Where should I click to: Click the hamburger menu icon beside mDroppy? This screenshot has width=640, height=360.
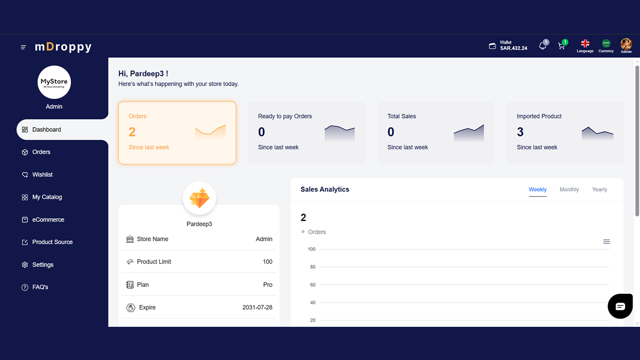(24, 47)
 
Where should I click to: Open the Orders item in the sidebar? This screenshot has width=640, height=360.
(41, 152)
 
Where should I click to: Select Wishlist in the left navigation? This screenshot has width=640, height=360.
(42, 174)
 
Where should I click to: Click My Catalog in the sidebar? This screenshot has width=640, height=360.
(47, 197)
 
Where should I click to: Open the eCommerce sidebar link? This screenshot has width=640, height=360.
(48, 220)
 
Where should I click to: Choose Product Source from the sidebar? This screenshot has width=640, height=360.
(52, 242)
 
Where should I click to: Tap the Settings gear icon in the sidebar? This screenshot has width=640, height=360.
(25, 265)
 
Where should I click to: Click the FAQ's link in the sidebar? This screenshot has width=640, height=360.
(40, 287)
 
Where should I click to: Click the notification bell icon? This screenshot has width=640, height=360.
(542, 46)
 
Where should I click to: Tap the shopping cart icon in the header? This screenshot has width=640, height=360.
(562, 46)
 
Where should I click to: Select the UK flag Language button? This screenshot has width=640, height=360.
(585, 44)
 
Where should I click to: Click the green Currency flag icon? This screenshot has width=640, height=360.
(606, 44)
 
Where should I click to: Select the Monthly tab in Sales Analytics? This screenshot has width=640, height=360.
(569, 190)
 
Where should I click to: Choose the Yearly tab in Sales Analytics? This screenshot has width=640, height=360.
(600, 190)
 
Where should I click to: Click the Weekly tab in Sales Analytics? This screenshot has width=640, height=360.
(538, 190)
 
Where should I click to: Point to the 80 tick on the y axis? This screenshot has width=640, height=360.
(312, 267)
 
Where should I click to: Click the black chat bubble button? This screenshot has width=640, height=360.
(620, 306)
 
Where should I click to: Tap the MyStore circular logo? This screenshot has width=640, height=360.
(54, 82)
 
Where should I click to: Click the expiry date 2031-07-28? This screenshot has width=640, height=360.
(257, 308)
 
